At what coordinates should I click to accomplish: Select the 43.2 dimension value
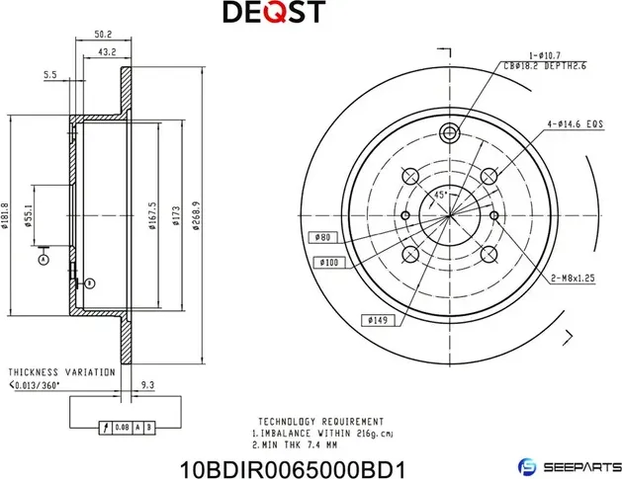pyautogui.click(x=108, y=52)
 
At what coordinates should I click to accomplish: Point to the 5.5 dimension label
pyautogui.click(x=49, y=74)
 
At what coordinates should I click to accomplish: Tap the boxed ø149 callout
pyautogui.click(x=377, y=320)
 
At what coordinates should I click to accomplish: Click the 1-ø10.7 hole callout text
pyautogui.click(x=545, y=56)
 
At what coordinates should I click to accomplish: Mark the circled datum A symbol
pyautogui.click(x=43, y=259)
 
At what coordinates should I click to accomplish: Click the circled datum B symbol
pyautogui.click(x=90, y=283)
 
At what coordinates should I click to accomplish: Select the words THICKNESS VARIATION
pyautogui.click(x=60, y=372)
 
